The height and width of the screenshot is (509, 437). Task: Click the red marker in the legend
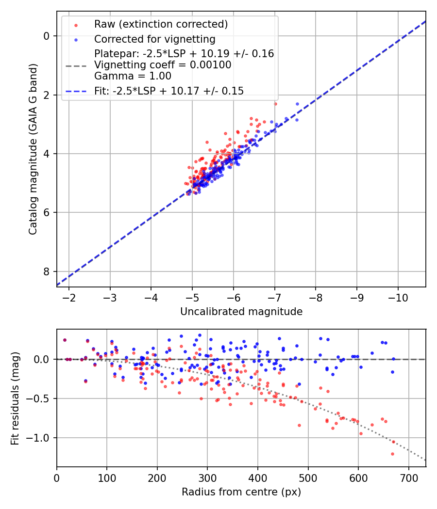click(76, 25)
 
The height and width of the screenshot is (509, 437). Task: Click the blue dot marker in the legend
click(76, 39)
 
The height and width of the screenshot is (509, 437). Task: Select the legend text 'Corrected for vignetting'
click(154, 39)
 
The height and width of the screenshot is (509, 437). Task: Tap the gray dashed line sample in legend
click(76, 65)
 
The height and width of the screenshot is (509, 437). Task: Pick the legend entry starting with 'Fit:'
click(169, 90)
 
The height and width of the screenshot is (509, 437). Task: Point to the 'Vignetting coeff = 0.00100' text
click(163, 65)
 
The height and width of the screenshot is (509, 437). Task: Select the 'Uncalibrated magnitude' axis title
click(241, 312)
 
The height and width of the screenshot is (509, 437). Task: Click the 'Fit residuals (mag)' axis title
click(15, 398)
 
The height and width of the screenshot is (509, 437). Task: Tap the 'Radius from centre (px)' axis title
click(241, 492)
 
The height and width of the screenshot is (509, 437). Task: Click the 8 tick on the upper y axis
click(47, 271)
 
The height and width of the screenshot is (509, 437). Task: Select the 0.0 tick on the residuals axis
click(43, 359)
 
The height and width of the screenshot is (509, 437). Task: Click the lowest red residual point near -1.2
click(392, 454)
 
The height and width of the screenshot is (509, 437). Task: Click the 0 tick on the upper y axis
click(47, 36)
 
